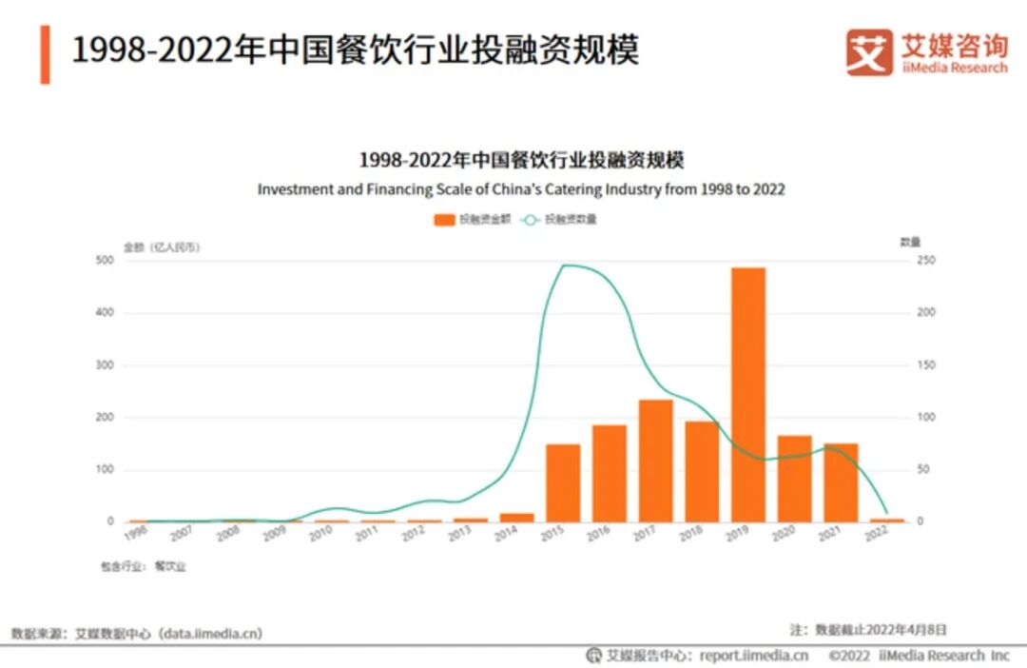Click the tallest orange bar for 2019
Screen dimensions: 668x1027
[747, 394]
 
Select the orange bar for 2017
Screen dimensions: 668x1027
[655, 461]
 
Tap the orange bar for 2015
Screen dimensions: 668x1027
[563, 482]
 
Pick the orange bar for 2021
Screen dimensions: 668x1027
[841, 482]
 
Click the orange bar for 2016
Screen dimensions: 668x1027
[610, 473]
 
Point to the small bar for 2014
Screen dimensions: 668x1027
[516, 517]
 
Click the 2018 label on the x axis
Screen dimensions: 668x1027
[691, 536]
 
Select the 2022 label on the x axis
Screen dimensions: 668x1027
[877, 536]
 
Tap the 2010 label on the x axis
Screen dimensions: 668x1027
[320, 536]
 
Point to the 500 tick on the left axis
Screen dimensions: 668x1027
[105, 260]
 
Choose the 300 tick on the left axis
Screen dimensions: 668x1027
[105, 364]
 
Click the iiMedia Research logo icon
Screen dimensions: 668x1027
[869, 51]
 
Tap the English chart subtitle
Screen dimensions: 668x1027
[520, 188]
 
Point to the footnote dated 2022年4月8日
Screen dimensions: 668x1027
[867, 629]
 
